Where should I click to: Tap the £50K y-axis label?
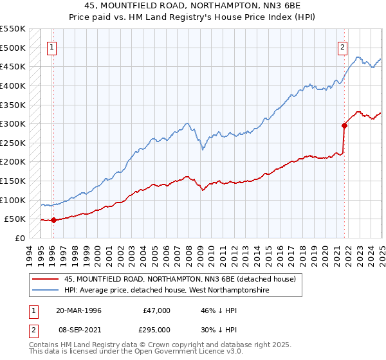14,219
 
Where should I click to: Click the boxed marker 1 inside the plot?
51,46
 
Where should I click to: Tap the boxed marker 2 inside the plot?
343,46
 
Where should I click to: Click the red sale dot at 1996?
53,220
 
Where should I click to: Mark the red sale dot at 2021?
345,126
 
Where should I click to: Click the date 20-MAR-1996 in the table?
78,310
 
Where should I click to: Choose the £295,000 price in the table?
156,329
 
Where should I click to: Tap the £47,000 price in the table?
156,310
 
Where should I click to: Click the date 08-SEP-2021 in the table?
78,329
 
